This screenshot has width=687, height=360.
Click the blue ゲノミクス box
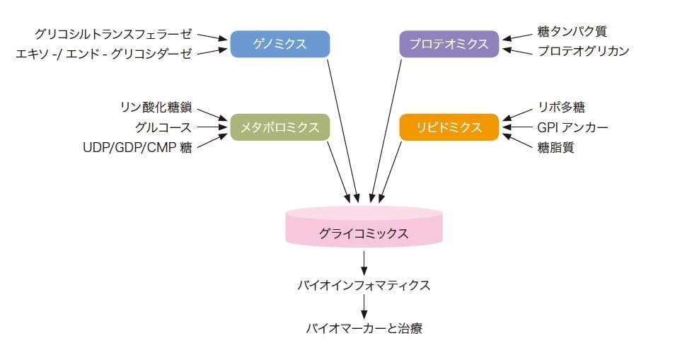tap(280, 44)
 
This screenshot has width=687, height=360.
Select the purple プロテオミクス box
tap(449, 44)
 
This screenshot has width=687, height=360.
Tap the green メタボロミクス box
tap(280, 127)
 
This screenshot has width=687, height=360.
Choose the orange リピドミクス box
tap(449, 127)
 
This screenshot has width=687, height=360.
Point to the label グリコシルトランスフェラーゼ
tap(113, 33)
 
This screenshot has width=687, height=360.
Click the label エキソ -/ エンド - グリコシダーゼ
tap(104, 54)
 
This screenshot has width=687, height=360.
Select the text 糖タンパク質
tap(571, 32)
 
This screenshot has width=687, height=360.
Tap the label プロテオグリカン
tap(583, 51)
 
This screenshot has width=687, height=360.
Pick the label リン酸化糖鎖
tap(156, 108)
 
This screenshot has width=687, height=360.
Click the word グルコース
tap(163, 127)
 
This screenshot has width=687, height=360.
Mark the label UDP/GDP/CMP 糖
tap(137, 147)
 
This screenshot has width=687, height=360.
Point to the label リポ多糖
tap(561, 108)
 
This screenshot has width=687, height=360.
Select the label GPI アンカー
tap(572, 127)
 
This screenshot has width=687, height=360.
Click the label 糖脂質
tap(556, 146)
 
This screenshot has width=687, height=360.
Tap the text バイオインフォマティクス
tap(364, 286)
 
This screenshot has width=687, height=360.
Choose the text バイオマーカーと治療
tap(364, 329)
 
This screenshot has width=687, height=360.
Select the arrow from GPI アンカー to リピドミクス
tap(516, 127)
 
